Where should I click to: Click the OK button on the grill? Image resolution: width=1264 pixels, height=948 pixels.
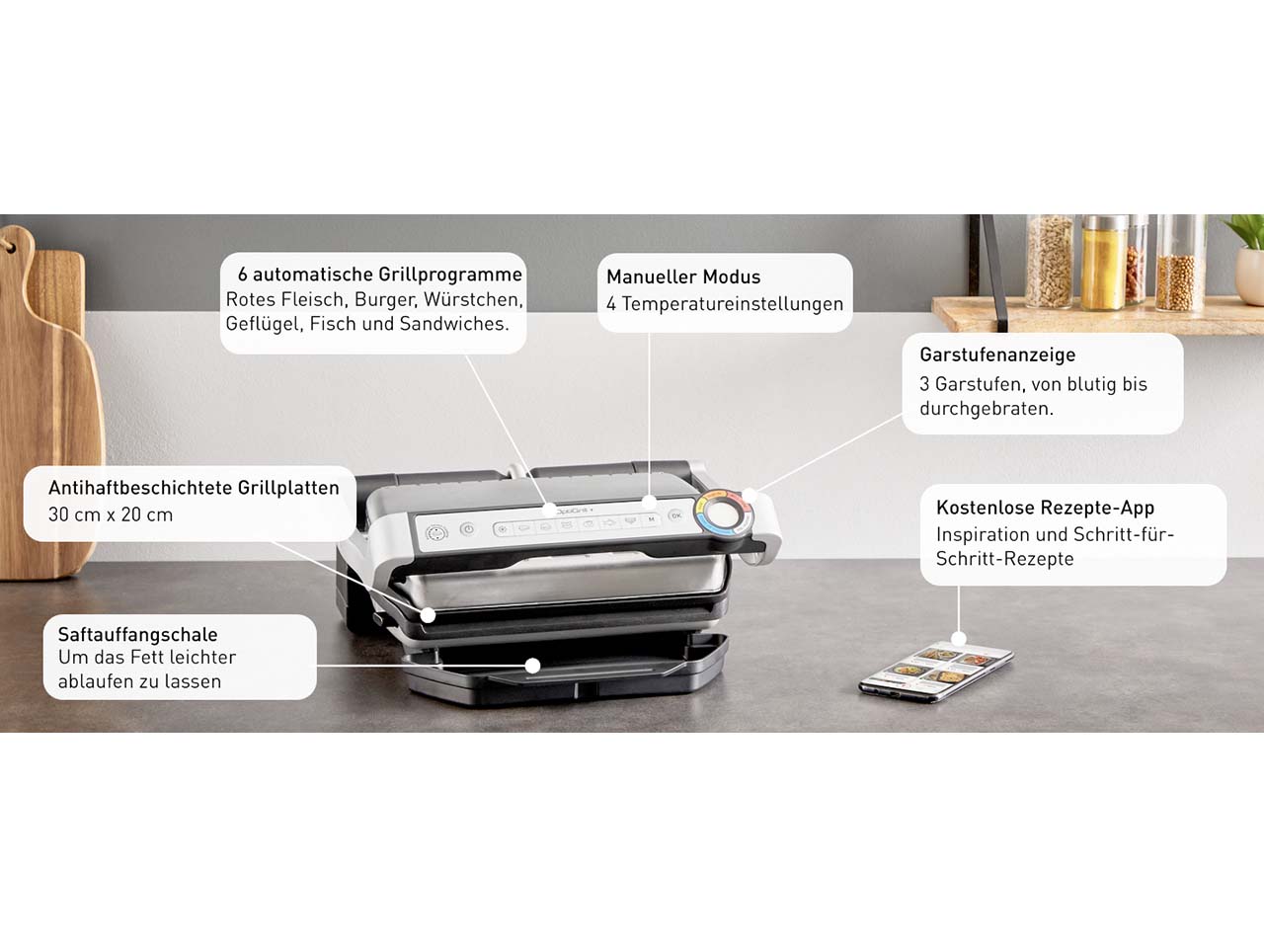coord(675,515)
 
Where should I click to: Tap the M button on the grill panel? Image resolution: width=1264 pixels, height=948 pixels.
coord(652,518)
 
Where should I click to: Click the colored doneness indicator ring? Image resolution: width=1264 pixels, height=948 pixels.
coord(723,512)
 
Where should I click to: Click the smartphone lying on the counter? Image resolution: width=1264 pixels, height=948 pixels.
coord(936,671)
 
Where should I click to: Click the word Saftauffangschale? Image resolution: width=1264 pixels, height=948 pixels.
coord(137,634)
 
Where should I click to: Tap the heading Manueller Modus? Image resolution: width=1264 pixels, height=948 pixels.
coord(683,276)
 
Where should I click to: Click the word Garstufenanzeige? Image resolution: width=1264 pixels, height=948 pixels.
coord(997,355)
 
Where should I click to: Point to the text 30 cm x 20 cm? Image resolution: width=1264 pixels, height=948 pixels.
coord(111,514)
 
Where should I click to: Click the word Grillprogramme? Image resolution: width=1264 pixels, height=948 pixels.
coord(451,275)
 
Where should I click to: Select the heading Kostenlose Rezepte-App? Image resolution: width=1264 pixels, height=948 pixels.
coord(1045,508)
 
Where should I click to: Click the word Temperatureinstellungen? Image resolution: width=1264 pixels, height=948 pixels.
coord(733,304)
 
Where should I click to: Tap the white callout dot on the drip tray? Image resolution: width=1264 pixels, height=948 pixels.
coord(532,666)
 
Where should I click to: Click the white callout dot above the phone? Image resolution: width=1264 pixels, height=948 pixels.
coord(959,638)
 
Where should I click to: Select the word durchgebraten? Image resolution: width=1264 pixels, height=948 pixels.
coord(987,409)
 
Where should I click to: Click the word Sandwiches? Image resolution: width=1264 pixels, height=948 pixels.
coord(454,324)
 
